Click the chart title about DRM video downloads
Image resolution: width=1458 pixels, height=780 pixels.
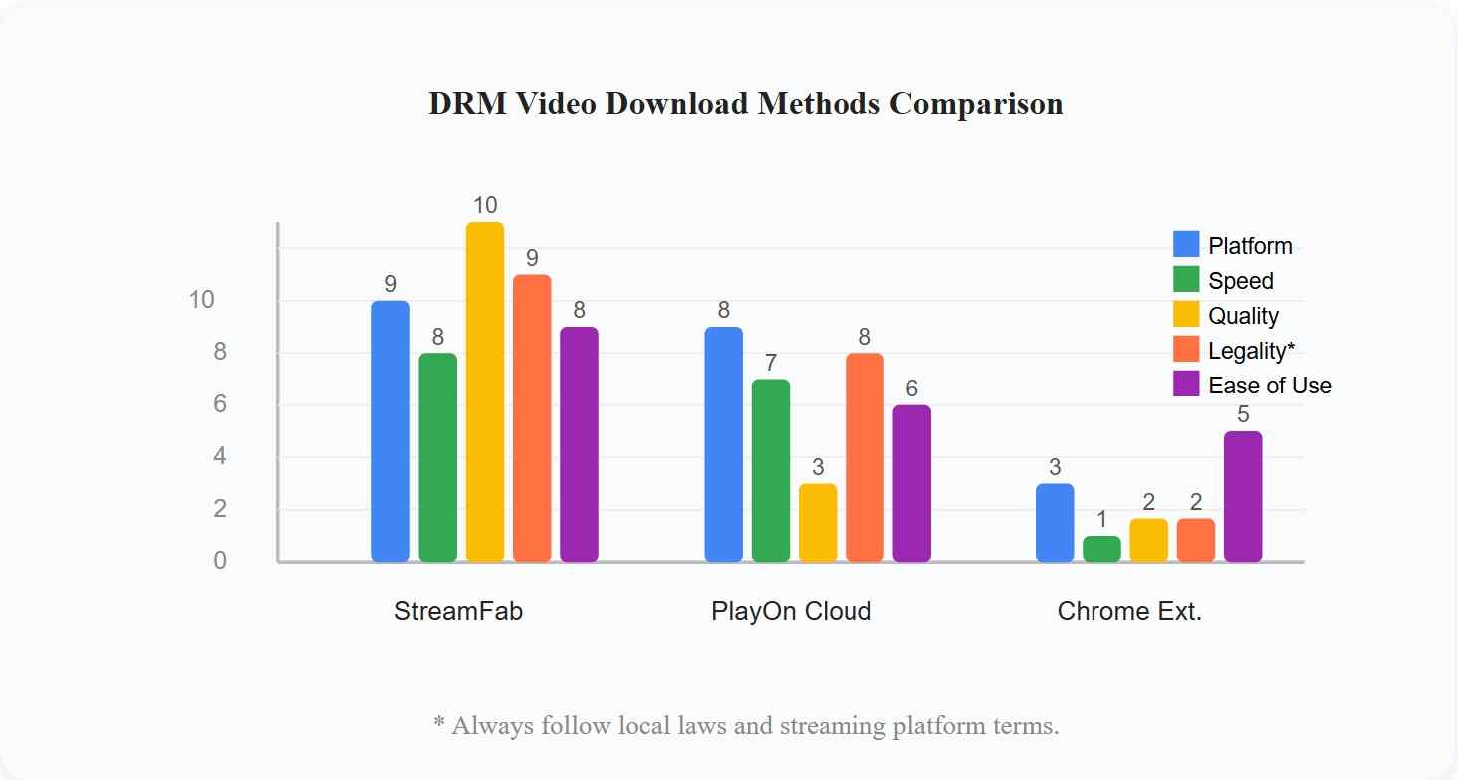point(745,104)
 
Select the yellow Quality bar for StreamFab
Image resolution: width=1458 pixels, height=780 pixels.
point(485,391)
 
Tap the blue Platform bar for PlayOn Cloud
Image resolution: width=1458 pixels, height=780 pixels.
point(723,444)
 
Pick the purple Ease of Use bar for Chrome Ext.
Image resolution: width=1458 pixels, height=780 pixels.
point(1243,496)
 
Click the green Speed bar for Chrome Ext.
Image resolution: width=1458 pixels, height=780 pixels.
point(1101,549)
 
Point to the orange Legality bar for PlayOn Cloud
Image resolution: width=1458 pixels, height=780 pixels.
point(864,457)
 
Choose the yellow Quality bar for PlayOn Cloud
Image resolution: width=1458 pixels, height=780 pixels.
point(818,523)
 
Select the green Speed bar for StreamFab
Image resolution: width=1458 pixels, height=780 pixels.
point(438,457)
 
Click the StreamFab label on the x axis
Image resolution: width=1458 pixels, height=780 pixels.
point(458,611)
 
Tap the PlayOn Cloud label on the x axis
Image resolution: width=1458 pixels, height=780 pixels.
point(791,611)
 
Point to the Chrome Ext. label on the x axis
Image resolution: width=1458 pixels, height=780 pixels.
point(1129,611)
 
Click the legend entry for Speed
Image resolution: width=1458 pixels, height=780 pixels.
point(1240,281)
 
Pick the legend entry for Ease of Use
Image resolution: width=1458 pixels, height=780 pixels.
point(1269,386)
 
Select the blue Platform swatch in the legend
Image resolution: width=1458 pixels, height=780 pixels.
point(1186,245)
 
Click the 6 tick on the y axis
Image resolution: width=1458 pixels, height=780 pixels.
point(219,404)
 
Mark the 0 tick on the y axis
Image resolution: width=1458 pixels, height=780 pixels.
point(219,561)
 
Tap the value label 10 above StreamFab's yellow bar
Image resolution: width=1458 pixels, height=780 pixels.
point(485,206)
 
